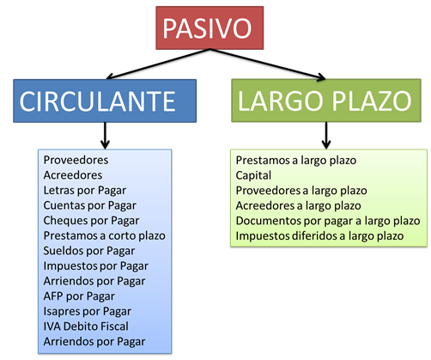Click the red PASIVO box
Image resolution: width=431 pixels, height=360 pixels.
(x=209, y=27)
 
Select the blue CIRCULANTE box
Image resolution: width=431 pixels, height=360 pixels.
(x=105, y=101)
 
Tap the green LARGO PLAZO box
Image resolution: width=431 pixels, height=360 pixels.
(x=326, y=101)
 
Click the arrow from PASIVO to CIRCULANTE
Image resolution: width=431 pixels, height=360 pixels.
(x=158, y=64)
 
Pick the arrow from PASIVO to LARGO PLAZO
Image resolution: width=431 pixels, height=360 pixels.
(x=268, y=64)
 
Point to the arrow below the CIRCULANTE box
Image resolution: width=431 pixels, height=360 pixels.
(x=105, y=136)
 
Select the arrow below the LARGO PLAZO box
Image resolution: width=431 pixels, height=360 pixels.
(x=326, y=136)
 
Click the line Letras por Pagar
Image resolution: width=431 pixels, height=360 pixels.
(x=85, y=191)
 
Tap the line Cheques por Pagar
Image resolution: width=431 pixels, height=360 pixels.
(x=91, y=221)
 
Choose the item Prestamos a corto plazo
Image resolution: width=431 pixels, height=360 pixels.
(x=105, y=235)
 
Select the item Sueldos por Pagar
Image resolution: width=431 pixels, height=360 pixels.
(x=89, y=251)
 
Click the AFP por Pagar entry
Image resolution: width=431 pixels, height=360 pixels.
(x=79, y=296)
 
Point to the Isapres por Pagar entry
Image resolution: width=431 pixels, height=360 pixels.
(x=88, y=312)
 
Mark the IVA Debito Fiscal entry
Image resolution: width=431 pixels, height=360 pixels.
(x=86, y=326)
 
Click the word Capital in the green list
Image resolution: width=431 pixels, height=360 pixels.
(x=253, y=175)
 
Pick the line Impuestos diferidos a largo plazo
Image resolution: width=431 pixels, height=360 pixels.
(x=319, y=236)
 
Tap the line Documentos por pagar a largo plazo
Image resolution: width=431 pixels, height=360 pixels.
(x=328, y=221)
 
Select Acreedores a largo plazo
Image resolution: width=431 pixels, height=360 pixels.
(x=298, y=206)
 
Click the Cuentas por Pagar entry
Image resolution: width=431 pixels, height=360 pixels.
(x=90, y=205)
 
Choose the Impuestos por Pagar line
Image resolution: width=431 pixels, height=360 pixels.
(x=96, y=266)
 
